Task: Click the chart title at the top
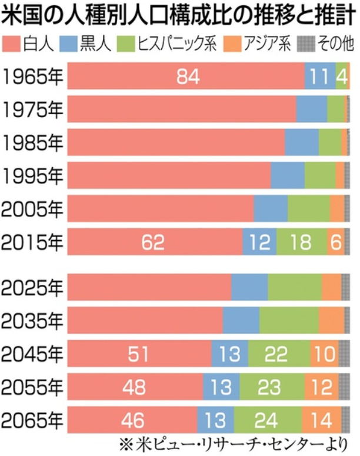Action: (179, 15)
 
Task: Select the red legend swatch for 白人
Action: (11, 44)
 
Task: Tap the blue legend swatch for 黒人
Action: (68, 44)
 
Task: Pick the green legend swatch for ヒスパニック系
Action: (126, 44)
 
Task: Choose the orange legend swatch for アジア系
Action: (232, 44)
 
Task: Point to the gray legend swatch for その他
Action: (306, 44)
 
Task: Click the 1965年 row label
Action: (32, 76)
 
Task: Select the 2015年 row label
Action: (32, 242)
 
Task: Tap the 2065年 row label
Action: (32, 420)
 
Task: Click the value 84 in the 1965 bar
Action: (188, 76)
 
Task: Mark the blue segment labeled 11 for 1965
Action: (320, 76)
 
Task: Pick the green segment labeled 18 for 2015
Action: (302, 242)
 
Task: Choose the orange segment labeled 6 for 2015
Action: (336, 242)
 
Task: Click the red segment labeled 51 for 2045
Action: (139, 354)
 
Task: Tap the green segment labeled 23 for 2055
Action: (272, 387)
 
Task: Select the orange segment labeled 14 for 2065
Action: (322, 420)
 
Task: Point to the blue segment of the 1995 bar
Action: (288, 175)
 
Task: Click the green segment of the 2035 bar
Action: (289, 320)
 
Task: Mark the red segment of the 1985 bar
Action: (176, 142)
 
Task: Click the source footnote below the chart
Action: (234, 444)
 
